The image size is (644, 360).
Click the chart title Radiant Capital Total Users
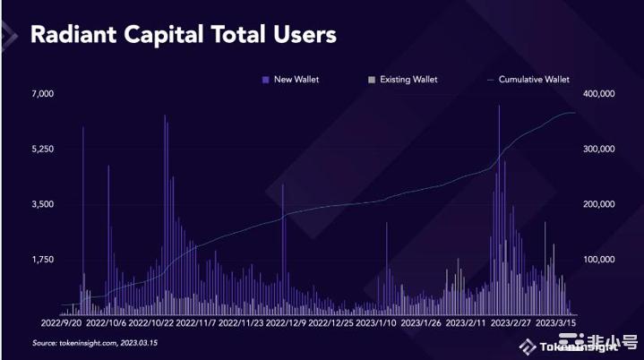pos(184,35)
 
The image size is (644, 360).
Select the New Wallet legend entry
pos(296,80)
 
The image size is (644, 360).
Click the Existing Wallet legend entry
pos(408,80)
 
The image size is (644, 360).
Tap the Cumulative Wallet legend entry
pos(533,80)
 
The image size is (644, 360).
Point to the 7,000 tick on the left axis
pos(43,93)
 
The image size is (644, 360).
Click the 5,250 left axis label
pos(43,149)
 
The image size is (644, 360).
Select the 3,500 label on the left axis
pos(43,204)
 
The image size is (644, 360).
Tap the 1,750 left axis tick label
pos(43,259)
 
